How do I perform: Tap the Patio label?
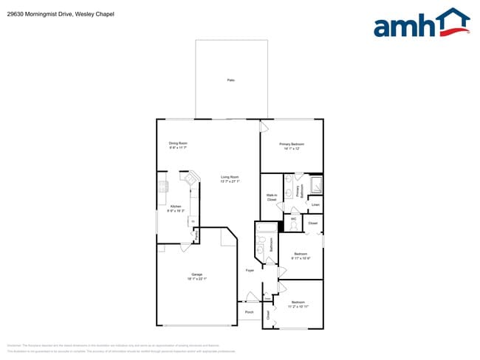click(x=230, y=80)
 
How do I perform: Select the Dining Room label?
click(x=178, y=145)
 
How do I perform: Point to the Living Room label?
click(x=230, y=179)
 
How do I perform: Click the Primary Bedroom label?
click(x=292, y=145)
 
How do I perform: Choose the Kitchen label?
click(x=176, y=208)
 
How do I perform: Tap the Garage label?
click(x=196, y=276)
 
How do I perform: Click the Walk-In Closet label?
click(x=271, y=198)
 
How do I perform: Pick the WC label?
click(x=293, y=218)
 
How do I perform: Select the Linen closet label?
click(x=315, y=204)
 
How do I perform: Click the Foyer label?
click(x=250, y=271)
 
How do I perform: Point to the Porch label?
click(x=250, y=312)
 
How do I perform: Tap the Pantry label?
click(x=196, y=235)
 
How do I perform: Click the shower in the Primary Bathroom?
click(x=315, y=184)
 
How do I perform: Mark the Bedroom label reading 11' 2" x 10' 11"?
click(x=298, y=304)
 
